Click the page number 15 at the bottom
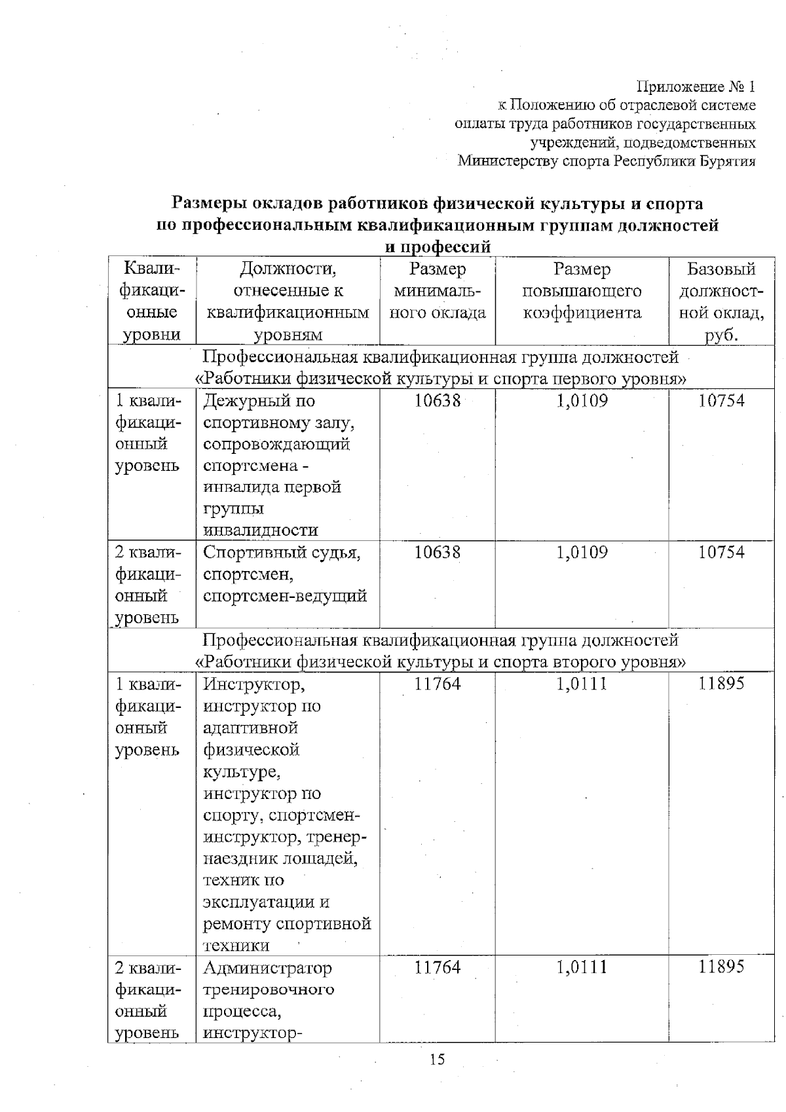[x=437, y=1059]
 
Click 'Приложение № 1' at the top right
[x=696, y=86]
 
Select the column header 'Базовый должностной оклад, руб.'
[x=721, y=301]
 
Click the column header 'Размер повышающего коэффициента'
[x=582, y=291]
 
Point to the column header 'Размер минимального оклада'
[x=438, y=291]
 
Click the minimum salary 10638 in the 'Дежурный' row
[x=438, y=400]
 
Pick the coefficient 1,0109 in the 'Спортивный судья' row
[x=582, y=552]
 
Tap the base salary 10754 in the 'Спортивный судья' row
[x=721, y=552]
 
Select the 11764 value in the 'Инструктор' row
[x=438, y=684]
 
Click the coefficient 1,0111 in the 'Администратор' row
[x=582, y=967]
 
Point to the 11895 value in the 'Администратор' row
[x=721, y=967]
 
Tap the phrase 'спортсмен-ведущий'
[x=285, y=596]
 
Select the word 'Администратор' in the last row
[x=267, y=967]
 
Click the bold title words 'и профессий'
[x=437, y=248]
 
